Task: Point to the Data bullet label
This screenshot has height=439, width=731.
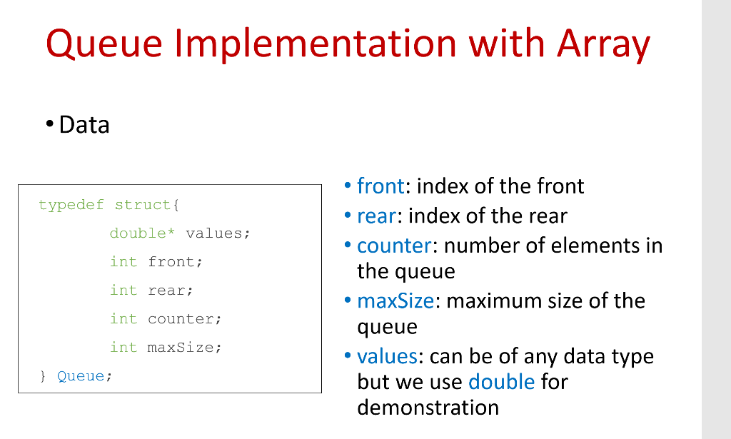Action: (x=84, y=125)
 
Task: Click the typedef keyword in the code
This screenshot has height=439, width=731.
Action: (x=71, y=206)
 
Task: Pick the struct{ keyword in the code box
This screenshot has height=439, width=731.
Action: (x=147, y=206)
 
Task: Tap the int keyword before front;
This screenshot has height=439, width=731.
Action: (x=123, y=262)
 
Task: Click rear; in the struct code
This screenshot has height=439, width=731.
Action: (x=171, y=291)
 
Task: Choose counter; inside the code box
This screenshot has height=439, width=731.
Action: (x=185, y=319)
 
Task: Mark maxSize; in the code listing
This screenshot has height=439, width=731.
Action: (x=185, y=348)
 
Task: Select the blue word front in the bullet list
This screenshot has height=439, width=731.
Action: (x=381, y=186)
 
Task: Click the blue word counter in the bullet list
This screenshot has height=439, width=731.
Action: (x=394, y=246)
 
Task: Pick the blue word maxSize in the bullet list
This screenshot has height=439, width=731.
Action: (x=395, y=301)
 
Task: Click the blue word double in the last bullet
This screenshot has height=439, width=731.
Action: (x=501, y=381)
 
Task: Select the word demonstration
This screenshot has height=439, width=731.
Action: (x=428, y=408)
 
